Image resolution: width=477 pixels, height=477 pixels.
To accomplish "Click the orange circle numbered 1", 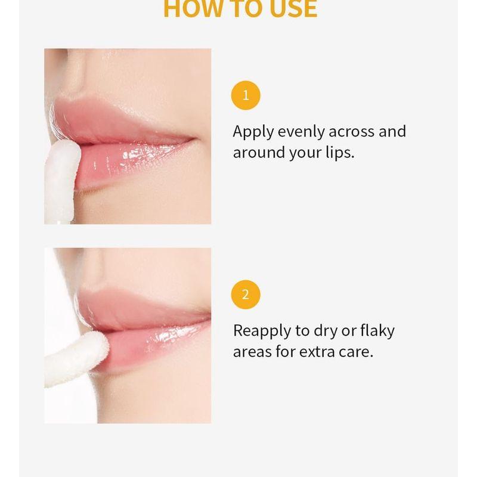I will coord(246,95).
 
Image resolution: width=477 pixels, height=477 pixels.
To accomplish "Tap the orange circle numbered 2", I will coord(246,295).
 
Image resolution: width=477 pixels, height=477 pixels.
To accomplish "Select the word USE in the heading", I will coord(292,9).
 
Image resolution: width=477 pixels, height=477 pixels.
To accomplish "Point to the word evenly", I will coord(301,132).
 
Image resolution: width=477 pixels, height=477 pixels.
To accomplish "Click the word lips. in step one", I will coord(338,153).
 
